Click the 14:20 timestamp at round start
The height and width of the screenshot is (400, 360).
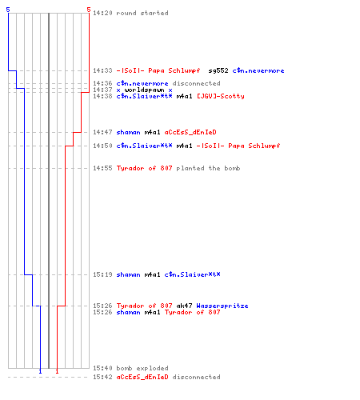coord(102,13)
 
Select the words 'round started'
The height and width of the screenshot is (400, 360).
coord(142,13)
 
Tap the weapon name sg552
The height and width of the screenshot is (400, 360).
coord(218,70)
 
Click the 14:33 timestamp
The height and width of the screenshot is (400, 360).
coord(102,70)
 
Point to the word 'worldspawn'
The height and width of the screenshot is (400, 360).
coord(144,90)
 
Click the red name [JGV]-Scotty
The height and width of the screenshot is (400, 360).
coord(221,96)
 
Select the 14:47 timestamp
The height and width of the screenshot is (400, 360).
coord(102,132)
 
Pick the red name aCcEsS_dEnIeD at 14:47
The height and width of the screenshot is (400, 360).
coord(190,132)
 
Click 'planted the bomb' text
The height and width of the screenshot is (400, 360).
coord(208,168)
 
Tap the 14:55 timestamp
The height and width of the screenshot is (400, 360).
coord(102,168)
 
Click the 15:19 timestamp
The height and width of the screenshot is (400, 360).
coord(102,274)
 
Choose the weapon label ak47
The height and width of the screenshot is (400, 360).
coord(184,306)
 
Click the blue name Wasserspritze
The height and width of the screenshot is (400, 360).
coord(222,306)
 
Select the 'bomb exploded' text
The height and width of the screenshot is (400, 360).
coord(142,368)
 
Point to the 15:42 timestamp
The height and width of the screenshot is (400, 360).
coord(102,377)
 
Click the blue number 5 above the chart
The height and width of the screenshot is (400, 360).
coord(8,10)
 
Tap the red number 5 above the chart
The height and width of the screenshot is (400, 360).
coord(89,10)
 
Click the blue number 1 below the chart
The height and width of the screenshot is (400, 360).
coord(40,371)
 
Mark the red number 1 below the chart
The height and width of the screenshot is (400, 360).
coord(57,371)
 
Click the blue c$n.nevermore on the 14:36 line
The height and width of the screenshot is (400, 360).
coord(142,83)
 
